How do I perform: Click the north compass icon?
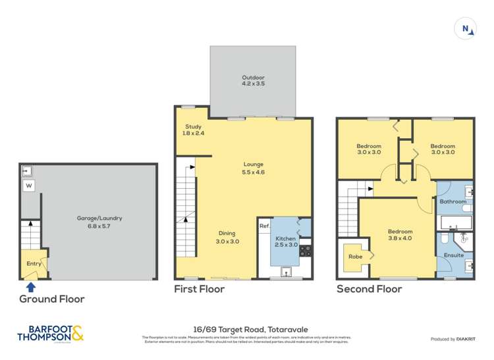tap(466, 28)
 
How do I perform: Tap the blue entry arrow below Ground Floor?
tap(30, 286)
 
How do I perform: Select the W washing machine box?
tap(28, 186)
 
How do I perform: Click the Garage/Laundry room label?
tap(100, 222)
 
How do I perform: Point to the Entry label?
tap(33, 263)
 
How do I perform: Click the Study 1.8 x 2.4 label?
tap(192, 130)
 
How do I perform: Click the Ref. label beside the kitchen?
tap(264, 226)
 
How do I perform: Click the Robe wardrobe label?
tap(355, 256)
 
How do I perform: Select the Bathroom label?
tap(453, 201)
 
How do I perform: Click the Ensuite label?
tap(454, 255)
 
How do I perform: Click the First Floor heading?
tap(199, 289)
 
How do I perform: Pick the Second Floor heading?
tap(369, 289)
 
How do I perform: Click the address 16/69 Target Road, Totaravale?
tap(246, 330)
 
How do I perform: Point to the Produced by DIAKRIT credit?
tap(453, 339)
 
